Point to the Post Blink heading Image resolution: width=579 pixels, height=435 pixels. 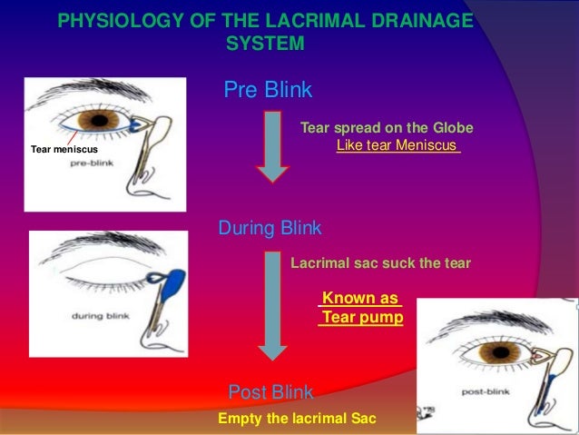[x=270, y=392]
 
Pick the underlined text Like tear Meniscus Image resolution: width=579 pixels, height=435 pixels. [x=397, y=145]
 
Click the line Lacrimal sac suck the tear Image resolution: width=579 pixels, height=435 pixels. [x=380, y=263]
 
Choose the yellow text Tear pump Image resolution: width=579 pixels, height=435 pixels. [x=362, y=318]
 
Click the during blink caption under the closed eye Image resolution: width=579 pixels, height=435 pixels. [x=101, y=316]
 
